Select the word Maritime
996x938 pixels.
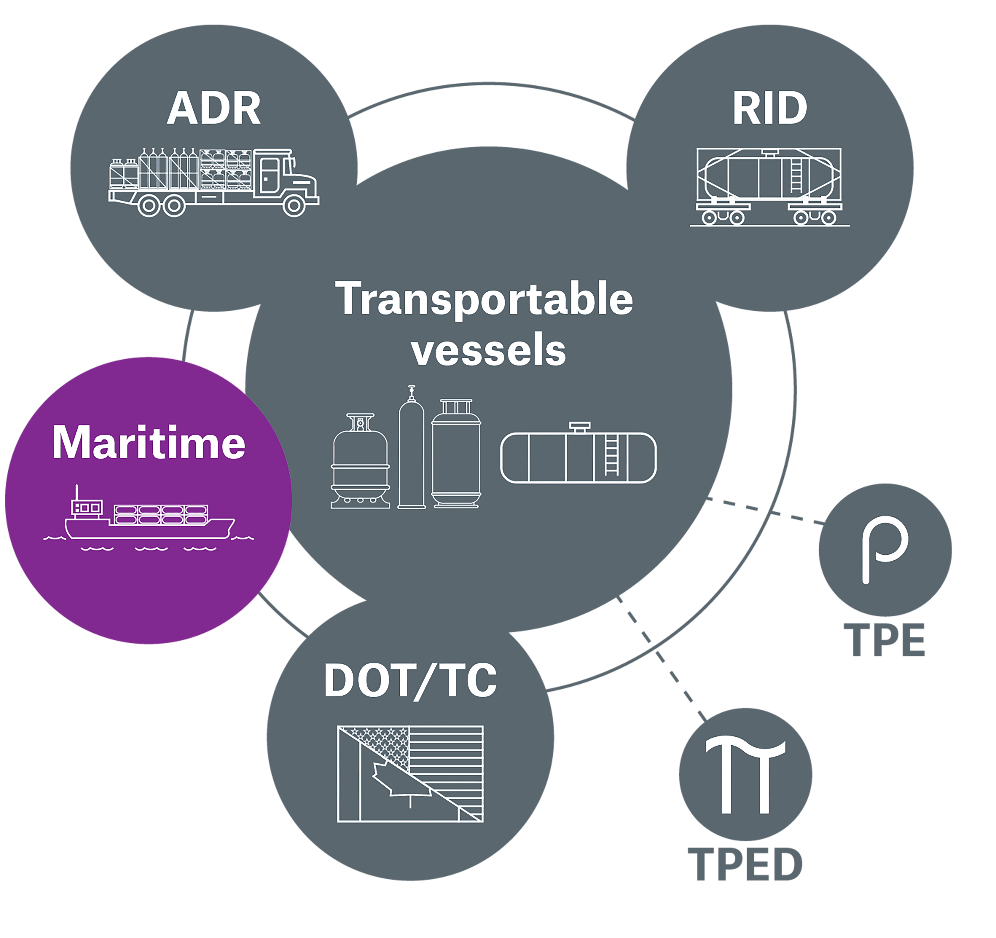tap(149, 443)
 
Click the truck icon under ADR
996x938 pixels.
tap(214, 182)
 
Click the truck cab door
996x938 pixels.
tap(269, 174)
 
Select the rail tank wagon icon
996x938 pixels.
tap(769, 186)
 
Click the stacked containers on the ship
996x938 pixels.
tap(161, 514)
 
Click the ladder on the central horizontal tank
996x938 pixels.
tap(611, 456)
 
